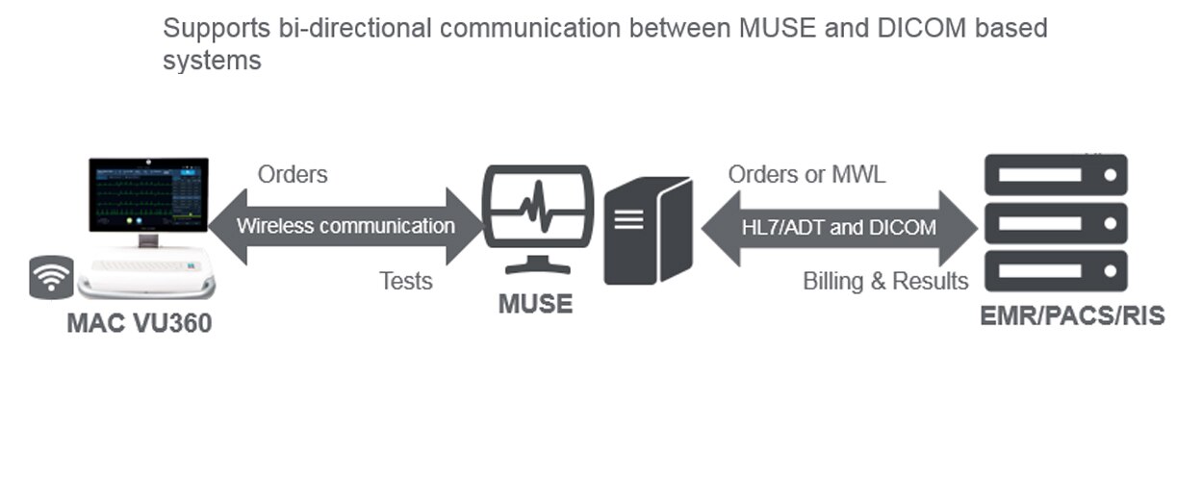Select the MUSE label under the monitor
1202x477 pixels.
click(535, 305)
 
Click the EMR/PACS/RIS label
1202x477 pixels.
click(1072, 315)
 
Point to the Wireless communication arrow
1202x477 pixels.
click(345, 227)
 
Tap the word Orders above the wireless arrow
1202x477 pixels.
click(293, 175)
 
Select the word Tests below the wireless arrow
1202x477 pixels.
click(405, 281)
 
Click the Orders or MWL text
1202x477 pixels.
click(806, 175)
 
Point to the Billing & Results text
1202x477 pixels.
click(885, 281)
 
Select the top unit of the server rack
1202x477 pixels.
click(1055, 176)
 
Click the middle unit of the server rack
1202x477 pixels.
click(1055, 223)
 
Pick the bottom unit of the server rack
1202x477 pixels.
click(1055, 270)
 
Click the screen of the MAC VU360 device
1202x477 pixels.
click(148, 193)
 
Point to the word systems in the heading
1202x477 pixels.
click(212, 60)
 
